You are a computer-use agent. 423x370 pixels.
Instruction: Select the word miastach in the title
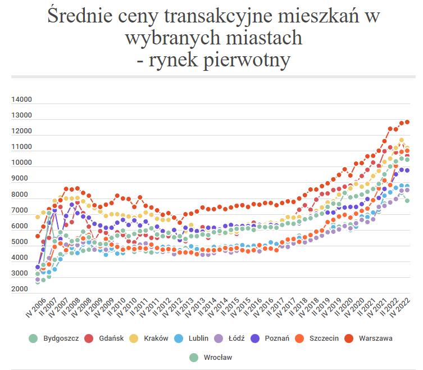(262, 37)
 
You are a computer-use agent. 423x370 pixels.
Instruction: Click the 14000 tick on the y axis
(22, 100)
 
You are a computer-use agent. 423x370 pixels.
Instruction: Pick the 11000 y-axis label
(22, 147)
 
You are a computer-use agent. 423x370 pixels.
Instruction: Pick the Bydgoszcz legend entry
(61, 338)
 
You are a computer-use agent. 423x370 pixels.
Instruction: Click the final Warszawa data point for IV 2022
(407, 122)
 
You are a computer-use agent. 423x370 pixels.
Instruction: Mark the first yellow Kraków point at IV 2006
(38, 216)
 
